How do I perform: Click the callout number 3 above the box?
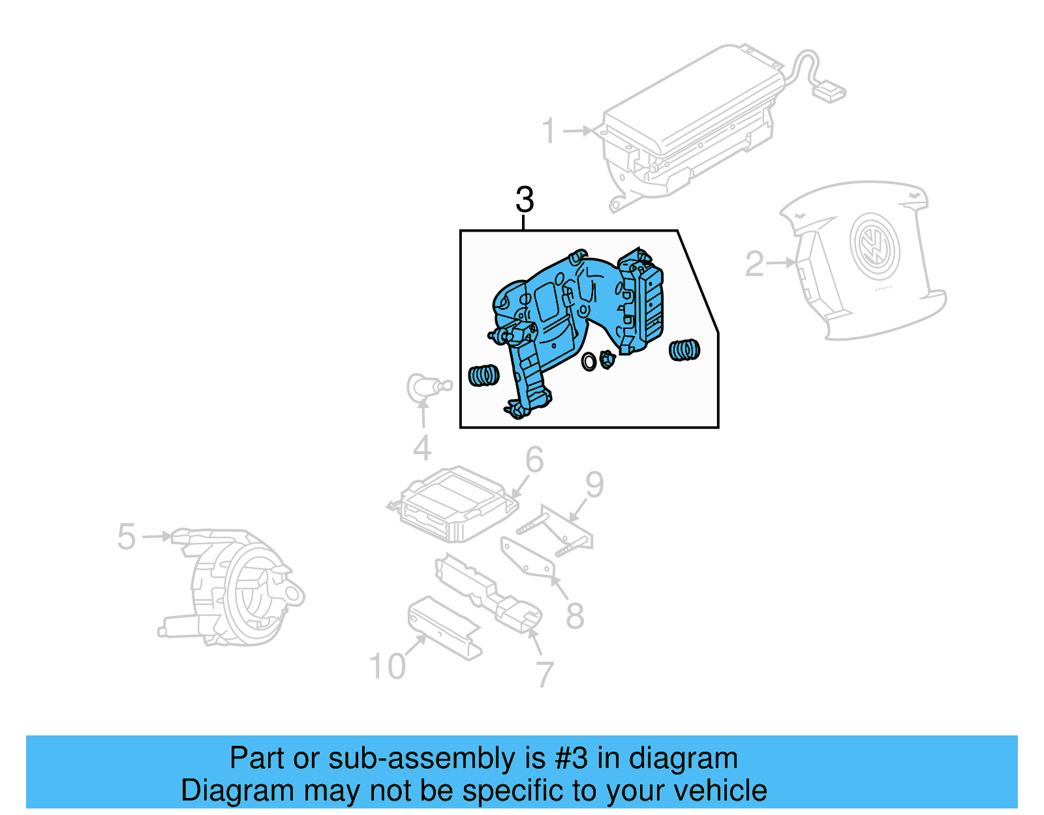tap(524, 200)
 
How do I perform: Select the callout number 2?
tap(754, 263)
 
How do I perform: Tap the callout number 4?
tap(422, 448)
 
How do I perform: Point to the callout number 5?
tap(127, 536)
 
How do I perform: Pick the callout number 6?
tap(534, 460)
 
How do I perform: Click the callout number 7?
tap(545, 674)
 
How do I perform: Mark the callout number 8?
tap(574, 615)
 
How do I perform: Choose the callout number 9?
tap(594, 485)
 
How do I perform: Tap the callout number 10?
tap(387, 666)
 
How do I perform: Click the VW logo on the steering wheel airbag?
tap(874, 247)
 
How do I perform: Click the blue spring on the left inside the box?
tap(484, 375)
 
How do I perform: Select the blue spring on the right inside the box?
tap(684, 350)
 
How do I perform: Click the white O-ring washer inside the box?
tap(589, 361)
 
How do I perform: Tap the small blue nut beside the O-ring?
tap(607, 359)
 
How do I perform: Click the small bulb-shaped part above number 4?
tap(425, 388)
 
